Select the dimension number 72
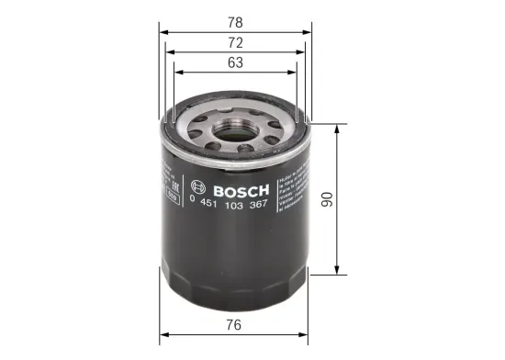click(237, 43)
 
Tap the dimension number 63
click(237, 63)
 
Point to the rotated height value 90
click(350, 201)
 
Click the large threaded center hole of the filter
click(237, 129)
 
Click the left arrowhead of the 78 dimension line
click(164, 31)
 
